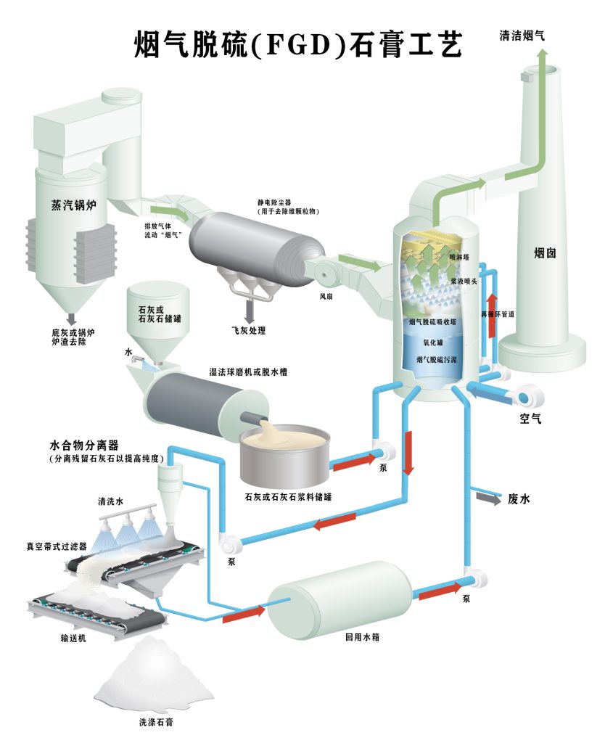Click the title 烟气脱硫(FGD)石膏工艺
(x=297, y=45)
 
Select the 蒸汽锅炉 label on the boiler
(x=73, y=205)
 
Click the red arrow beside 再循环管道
(x=491, y=313)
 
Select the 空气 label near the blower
(x=530, y=419)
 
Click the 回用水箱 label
(x=363, y=639)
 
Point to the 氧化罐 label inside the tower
(x=433, y=341)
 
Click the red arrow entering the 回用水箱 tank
(x=244, y=614)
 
